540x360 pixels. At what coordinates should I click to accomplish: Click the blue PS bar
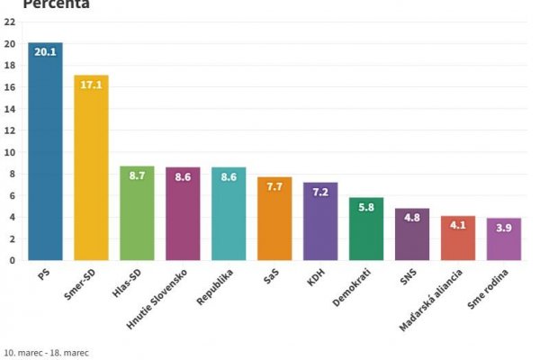click(45, 153)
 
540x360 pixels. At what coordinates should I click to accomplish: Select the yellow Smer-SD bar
click(91, 171)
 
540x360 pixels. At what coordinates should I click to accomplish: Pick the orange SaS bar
click(274, 220)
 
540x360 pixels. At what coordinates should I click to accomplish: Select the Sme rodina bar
click(504, 239)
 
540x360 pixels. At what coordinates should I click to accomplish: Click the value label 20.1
click(45, 53)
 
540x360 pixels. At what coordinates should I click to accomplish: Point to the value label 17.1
click(91, 85)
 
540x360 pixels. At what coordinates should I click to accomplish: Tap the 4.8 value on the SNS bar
click(412, 219)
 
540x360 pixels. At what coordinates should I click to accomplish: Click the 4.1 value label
click(458, 226)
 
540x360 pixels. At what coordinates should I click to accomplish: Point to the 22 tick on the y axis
click(10, 22)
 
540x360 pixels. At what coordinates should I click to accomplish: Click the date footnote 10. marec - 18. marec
click(47, 352)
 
